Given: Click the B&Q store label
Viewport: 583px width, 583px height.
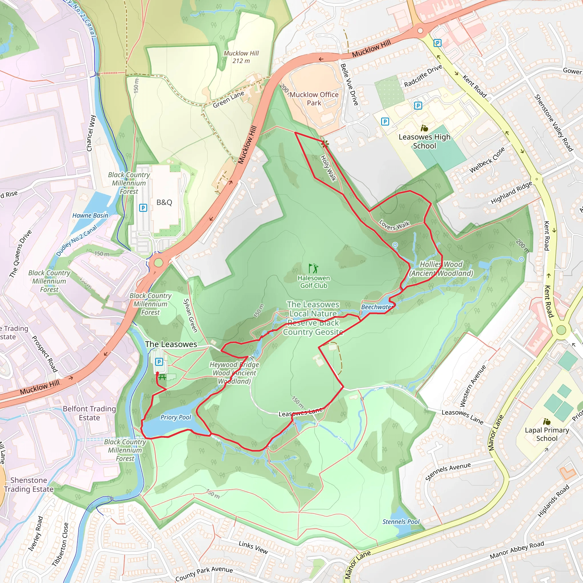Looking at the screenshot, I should point(164,202).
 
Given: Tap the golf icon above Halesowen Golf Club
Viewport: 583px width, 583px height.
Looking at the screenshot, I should point(313,268).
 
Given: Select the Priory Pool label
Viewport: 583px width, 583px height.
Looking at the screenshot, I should point(176,417).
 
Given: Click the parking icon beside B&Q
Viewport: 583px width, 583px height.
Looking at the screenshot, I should point(143,208).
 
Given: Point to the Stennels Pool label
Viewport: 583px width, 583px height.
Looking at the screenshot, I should point(401,522).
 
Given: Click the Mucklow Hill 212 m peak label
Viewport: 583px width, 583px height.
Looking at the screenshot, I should point(241,57).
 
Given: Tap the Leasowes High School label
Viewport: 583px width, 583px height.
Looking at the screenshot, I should point(424,141).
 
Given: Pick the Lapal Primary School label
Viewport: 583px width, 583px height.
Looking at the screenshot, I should point(547,434).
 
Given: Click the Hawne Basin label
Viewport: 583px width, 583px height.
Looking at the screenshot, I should point(90,215).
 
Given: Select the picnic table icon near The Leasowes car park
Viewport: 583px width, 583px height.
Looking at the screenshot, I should point(162,377).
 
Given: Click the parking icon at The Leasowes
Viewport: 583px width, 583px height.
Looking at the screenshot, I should point(159,362).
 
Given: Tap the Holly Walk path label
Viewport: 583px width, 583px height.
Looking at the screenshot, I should point(328,168).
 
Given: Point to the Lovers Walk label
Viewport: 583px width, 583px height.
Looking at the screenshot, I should point(394,225).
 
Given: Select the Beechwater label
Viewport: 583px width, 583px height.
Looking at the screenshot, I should point(377,307).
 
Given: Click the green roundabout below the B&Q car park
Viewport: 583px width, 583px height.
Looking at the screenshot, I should point(158,262).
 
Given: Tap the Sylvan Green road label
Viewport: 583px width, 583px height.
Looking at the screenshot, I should point(190,315).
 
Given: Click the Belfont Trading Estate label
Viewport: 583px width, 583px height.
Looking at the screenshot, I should point(89,413).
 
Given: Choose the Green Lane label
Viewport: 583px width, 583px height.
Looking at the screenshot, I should point(228,100).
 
